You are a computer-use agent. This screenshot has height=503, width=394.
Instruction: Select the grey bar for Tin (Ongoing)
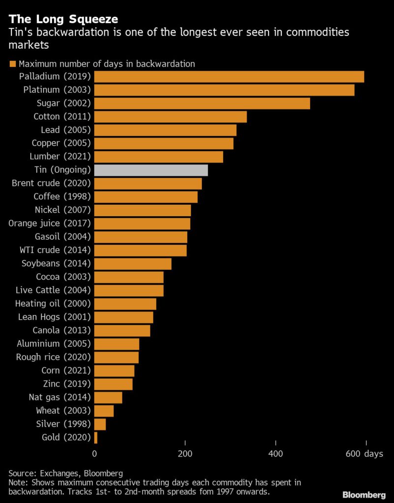(151, 170)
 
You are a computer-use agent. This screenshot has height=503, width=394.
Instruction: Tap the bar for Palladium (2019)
(229, 77)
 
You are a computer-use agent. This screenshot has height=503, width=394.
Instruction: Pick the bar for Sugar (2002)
(202, 103)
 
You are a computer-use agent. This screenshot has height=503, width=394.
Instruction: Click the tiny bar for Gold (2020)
(96, 437)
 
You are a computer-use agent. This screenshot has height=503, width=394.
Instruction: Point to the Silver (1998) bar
(100, 424)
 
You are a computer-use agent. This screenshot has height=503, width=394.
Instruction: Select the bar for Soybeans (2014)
(133, 264)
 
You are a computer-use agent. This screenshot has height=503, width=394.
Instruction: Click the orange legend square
(12, 64)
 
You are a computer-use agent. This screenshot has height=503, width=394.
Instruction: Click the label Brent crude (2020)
(51, 184)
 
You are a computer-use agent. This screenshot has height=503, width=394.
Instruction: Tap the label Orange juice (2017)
(50, 224)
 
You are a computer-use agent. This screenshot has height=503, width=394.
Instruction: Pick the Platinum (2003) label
(57, 90)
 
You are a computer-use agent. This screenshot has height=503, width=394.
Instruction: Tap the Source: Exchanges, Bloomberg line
(65, 474)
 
